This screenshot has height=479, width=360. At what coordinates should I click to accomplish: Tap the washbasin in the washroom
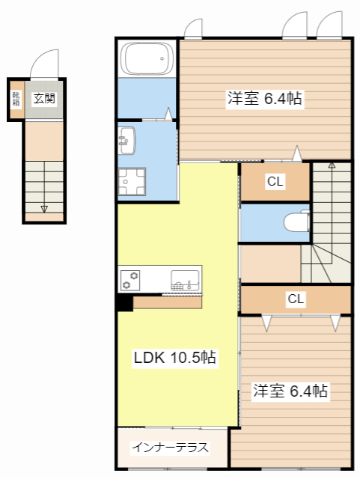coord(126,140)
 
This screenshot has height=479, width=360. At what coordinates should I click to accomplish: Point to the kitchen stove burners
coord(131,280)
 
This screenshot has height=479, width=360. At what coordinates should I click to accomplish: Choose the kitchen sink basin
coord(184,279)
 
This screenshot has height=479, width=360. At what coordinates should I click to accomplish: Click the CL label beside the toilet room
coord(275,181)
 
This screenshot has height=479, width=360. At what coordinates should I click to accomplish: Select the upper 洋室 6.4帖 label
coord(265,99)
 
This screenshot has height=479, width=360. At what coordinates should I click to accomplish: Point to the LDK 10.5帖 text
coord(174,358)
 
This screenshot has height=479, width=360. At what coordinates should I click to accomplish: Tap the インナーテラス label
coord(170,448)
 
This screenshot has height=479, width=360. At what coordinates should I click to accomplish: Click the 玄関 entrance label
coord(43,97)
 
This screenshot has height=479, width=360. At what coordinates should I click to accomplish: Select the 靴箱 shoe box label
coord(15,99)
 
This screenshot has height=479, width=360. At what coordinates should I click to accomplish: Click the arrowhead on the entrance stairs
coord(43,209)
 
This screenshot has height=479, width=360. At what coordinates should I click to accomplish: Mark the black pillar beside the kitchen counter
coord(124,302)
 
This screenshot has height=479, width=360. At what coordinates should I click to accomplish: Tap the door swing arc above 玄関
coord(45,64)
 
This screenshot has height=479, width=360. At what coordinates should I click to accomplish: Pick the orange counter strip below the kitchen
coord(168,302)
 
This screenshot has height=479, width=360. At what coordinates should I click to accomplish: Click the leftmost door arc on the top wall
coord(193,28)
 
